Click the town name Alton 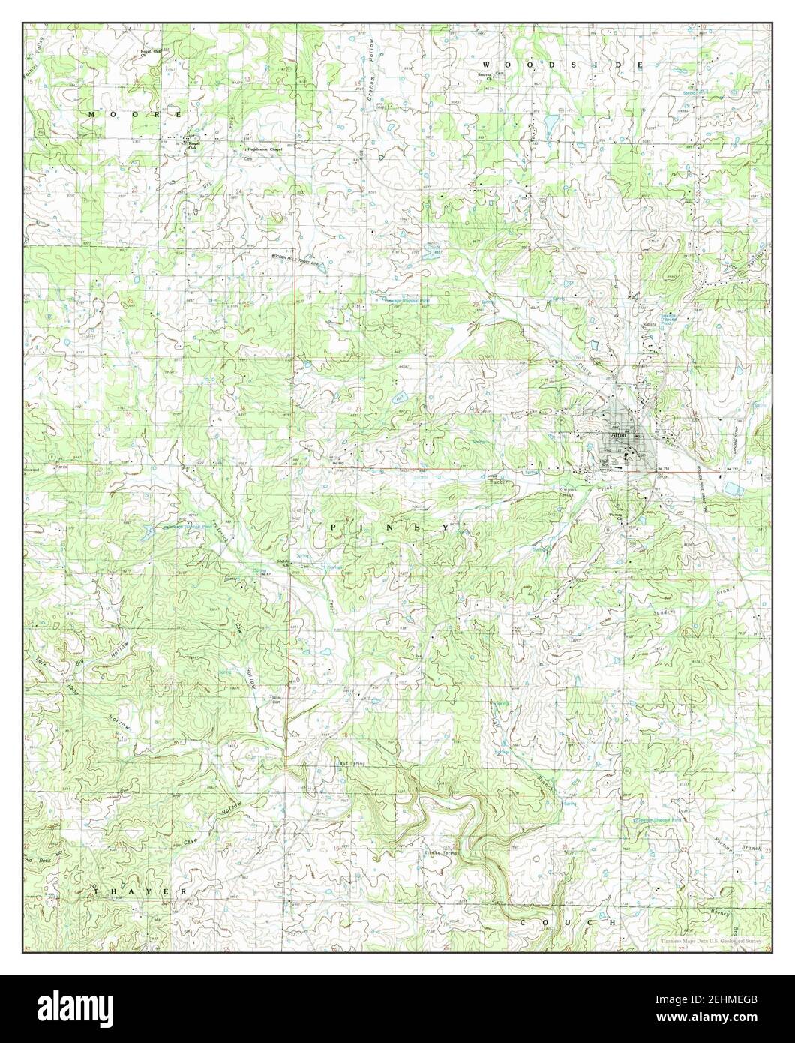(619, 435)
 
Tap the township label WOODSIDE (562, 65)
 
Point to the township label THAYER (139, 891)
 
